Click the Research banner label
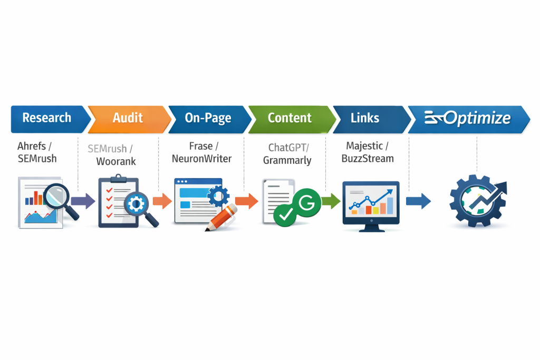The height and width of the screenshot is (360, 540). click(x=46, y=118)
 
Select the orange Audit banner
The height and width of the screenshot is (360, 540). click(x=128, y=118)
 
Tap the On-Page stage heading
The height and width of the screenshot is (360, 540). click(x=208, y=118)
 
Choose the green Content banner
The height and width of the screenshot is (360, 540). click(x=290, y=118)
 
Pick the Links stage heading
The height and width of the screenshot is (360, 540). click(x=365, y=118)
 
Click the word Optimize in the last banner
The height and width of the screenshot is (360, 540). click(x=477, y=118)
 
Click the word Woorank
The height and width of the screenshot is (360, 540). click(x=117, y=161)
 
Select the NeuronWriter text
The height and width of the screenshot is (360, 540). click(x=201, y=159)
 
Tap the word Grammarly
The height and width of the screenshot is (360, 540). click(x=287, y=160)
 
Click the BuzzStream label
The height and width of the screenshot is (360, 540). click(x=368, y=158)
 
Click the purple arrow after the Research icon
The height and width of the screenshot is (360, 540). click(x=83, y=201)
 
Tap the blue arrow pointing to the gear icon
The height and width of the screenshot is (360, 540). click(x=418, y=201)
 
